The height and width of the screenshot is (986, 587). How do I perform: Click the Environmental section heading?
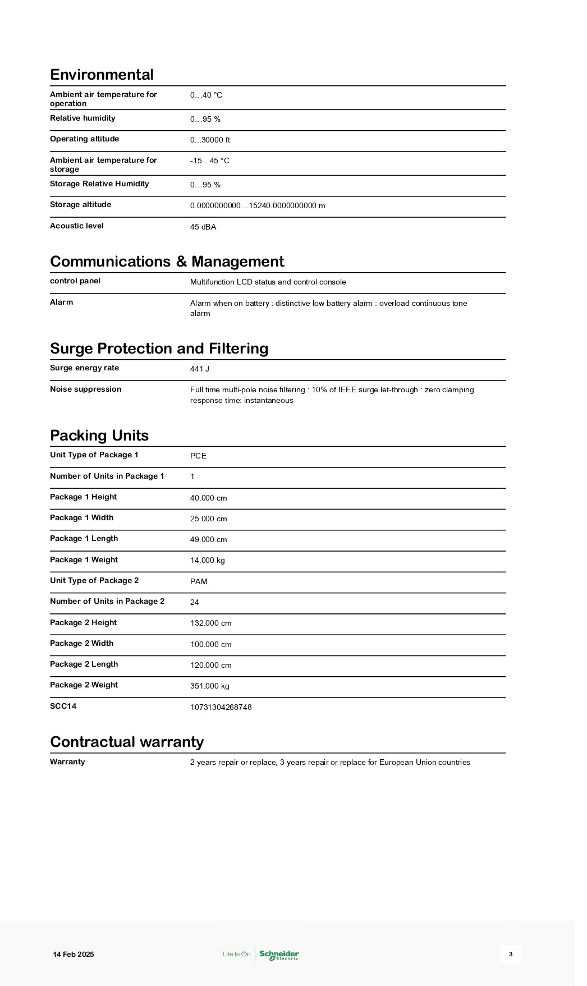102,75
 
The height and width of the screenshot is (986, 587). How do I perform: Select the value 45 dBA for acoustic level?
203,227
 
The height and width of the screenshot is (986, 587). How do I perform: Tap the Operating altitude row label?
84,139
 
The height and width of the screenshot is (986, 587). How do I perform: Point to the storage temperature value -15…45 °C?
210,161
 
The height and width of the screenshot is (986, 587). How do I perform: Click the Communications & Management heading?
167,262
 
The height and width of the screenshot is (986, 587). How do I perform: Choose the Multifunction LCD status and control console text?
268,282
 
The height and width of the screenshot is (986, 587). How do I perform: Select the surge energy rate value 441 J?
200,369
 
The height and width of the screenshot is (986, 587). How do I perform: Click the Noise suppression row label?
85,389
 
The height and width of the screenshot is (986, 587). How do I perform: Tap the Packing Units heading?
99,435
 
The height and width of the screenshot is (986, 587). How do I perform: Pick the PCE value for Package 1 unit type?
198,456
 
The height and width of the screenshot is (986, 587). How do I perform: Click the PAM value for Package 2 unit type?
199,582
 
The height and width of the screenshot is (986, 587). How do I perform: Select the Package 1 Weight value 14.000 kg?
208,561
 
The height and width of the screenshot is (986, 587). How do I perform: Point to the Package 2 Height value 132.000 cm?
211,623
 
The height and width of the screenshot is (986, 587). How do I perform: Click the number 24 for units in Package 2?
195,603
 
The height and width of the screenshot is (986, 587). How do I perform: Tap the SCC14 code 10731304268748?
221,708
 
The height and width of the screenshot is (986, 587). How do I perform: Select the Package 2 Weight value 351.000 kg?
210,686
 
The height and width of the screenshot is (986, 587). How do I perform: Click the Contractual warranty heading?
127,742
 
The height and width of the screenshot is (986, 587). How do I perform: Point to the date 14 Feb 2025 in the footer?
74,955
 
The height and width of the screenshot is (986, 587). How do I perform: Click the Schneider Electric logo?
279,955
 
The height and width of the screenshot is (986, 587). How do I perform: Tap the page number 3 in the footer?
511,954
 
